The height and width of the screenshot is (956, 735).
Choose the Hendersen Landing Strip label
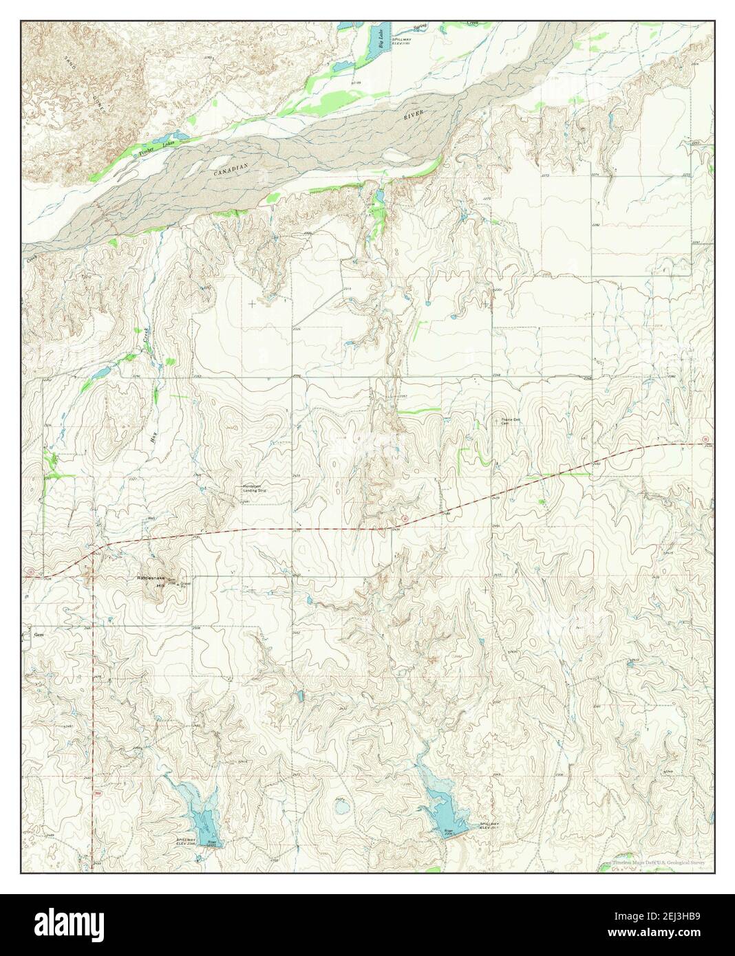(x=253, y=488)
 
